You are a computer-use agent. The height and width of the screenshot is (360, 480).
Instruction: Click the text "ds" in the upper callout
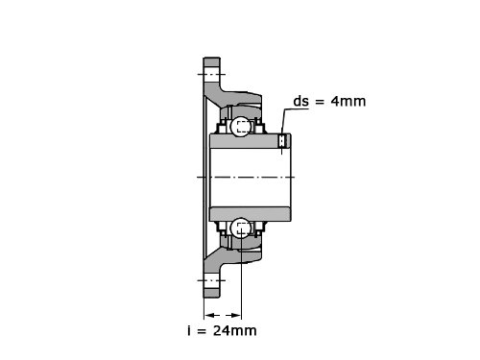pyautogui.click(x=301, y=101)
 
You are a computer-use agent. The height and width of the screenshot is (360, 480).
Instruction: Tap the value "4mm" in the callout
pyautogui.click(x=348, y=101)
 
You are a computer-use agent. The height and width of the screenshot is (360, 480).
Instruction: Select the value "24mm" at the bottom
pyautogui.click(x=235, y=330)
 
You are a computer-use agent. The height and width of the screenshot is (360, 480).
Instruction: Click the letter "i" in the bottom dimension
pyautogui.click(x=189, y=330)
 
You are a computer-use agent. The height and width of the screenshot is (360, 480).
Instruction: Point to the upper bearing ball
pyautogui.click(x=241, y=126)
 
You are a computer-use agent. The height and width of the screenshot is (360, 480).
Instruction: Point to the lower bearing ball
pyautogui.click(x=241, y=228)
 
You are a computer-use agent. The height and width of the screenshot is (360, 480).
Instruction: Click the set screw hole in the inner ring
pyautogui.click(x=281, y=141)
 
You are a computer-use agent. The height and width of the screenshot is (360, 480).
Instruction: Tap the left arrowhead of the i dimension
pyautogui.click(x=208, y=316)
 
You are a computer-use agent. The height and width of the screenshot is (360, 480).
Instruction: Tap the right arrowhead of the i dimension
pyautogui.click(x=237, y=316)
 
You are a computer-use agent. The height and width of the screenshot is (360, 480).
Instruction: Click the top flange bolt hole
pyautogui.click(x=211, y=75)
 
